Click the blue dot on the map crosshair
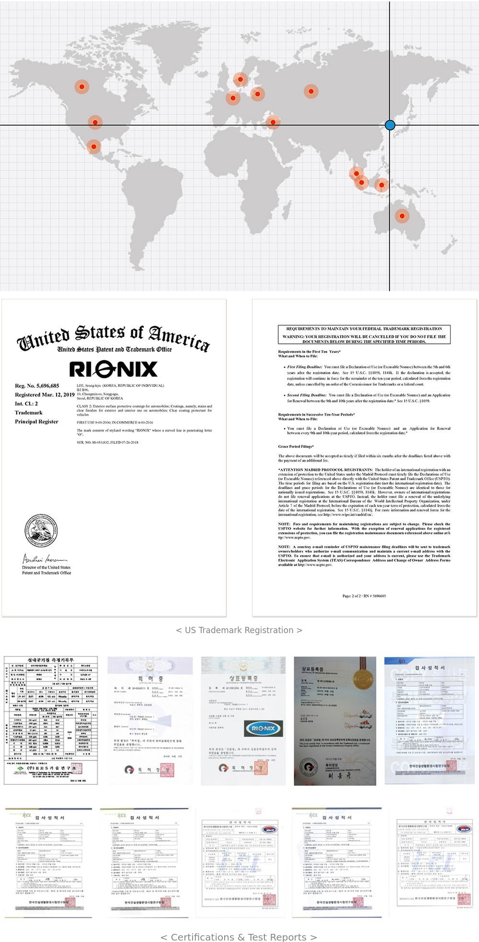(390, 125)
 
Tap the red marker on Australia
(402, 216)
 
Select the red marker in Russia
(311, 91)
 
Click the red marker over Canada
(82, 87)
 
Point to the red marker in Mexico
(94, 147)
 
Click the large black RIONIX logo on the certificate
(114, 369)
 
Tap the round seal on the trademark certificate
(41, 531)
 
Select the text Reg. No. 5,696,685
(37, 386)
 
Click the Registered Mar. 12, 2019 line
(45, 395)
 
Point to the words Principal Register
(36, 421)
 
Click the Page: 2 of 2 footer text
(364, 596)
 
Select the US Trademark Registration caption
(239, 630)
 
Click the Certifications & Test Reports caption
(239, 937)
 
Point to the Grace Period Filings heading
(296, 446)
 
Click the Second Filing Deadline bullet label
(307, 395)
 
